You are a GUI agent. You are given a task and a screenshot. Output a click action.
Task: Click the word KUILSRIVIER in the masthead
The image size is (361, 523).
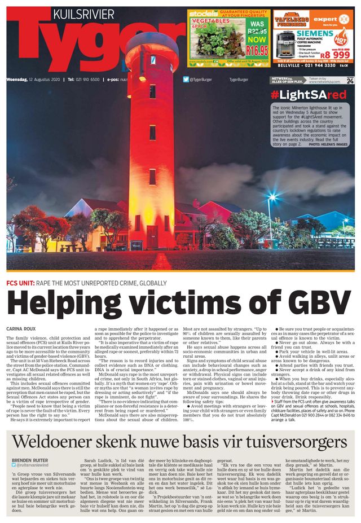coord(83,14)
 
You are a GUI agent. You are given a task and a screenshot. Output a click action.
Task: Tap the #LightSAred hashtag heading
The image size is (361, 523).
coord(308,95)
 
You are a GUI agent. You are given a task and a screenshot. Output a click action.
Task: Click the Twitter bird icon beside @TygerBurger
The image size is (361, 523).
coord(186,80)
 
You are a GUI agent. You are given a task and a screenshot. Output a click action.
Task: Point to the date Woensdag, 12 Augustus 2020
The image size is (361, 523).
coord(33,80)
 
